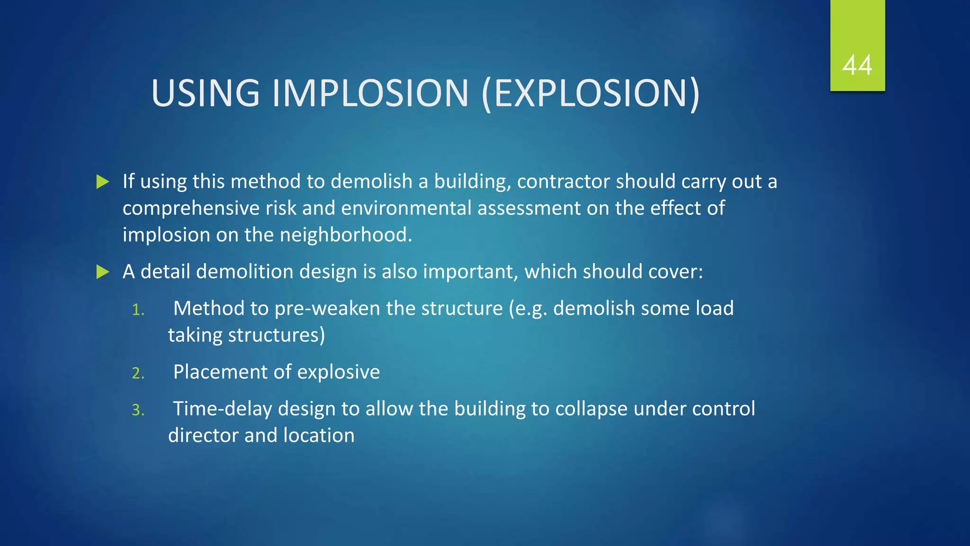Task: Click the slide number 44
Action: [857, 65]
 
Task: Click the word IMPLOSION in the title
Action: [370, 93]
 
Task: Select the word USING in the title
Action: [206, 93]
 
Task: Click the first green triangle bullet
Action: [102, 182]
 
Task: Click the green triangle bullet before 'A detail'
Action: [102, 272]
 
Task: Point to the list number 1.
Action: [138, 310]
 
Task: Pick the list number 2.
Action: [138, 373]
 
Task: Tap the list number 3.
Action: [138, 410]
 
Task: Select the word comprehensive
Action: [191, 209]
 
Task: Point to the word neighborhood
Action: [346, 235]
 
